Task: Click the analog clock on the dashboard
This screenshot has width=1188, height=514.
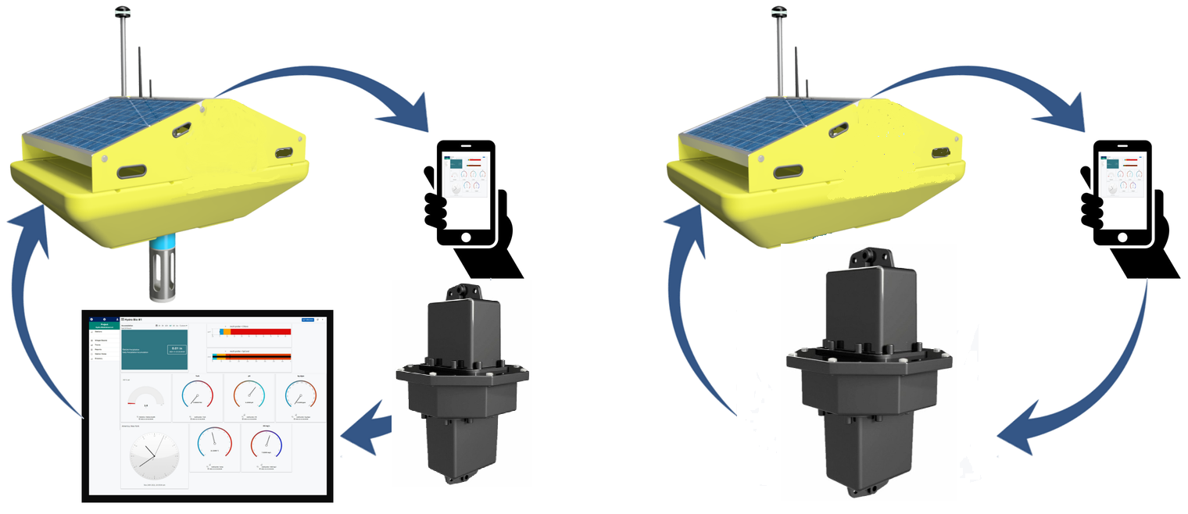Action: click(x=154, y=456)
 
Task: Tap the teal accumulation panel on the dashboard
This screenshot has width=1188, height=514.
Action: click(x=155, y=349)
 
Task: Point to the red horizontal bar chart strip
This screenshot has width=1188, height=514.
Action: click(x=254, y=332)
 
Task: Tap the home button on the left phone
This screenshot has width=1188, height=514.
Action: click(x=466, y=235)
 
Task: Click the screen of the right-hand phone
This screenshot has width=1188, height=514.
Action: click(x=1121, y=184)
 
